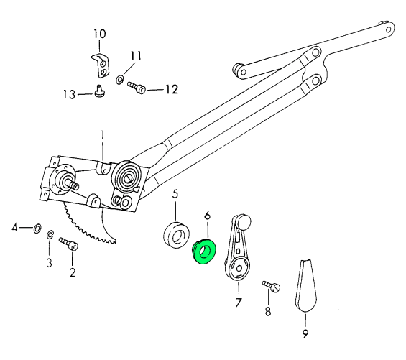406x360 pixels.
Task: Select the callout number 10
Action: (100, 34)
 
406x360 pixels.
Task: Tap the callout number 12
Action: (172, 89)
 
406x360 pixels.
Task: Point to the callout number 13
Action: (69, 95)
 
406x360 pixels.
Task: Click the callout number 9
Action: (305, 333)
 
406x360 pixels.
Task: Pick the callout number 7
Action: (239, 303)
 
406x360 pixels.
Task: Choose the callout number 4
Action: (15, 228)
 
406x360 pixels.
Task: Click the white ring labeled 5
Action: (176, 234)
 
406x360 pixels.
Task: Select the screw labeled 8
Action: (272, 286)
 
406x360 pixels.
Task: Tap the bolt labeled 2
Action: (69, 244)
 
